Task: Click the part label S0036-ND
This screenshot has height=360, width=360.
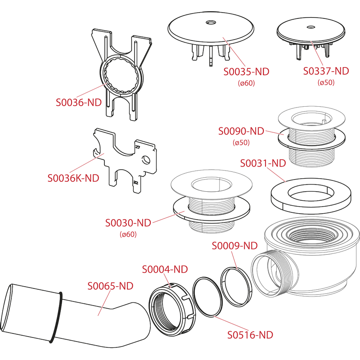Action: pos(79,103)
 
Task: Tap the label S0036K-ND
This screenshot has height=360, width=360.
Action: pos(73,178)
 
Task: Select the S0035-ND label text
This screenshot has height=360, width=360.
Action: pos(246,72)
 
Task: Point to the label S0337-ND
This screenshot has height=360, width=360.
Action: pos(326,71)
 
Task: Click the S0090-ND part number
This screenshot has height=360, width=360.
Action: pos(241,131)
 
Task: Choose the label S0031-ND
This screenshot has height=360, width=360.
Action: pos(263,163)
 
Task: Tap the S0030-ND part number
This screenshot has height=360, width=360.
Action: pos(128,223)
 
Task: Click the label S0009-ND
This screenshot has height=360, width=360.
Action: pos(234,246)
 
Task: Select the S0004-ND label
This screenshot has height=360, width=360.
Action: pos(165,270)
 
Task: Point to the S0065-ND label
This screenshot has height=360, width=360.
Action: pos(110,286)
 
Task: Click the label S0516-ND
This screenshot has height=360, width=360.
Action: pos(250,335)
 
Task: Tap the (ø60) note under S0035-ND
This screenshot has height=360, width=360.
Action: pos(246,83)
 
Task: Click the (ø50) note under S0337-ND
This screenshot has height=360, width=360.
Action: pos(326,82)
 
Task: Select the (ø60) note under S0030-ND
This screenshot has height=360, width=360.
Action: pos(128,234)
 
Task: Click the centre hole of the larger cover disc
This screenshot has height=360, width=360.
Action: pos(211,22)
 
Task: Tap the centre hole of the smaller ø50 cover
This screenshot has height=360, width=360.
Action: pos(310,27)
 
